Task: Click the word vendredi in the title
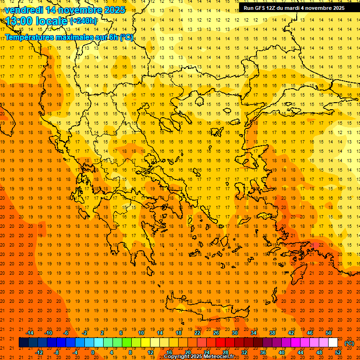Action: tap(24, 10)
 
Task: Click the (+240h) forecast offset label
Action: tap(83, 21)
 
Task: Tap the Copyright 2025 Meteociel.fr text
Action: tap(205, 357)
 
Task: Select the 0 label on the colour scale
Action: tap(93, 352)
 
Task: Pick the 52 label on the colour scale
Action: tap(338, 352)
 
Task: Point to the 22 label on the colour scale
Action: tap(197, 333)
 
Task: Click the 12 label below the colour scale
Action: tap(150, 352)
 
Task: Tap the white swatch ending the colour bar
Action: tap(333, 343)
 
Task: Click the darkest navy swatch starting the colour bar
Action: tap(23, 343)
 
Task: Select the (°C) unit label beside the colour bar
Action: tap(349, 343)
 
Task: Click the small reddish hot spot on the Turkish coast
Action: tap(315, 245)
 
